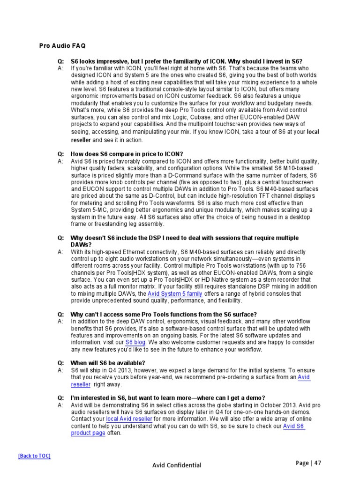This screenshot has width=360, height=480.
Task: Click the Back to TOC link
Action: (x=34, y=456)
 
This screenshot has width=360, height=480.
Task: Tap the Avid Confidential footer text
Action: (x=177, y=465)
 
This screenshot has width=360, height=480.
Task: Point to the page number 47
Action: (x=317, y=463)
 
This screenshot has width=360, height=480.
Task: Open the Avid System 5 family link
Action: (x=175, y=294)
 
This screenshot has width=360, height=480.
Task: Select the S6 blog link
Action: (x=135, y=342)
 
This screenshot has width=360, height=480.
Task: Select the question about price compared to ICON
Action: (x=127, y=154)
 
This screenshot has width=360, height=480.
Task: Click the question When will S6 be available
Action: (x=107, y=363)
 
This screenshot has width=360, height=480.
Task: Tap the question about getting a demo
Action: (x=167, y=398)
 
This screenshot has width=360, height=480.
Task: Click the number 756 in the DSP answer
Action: (x=300, y=266)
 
